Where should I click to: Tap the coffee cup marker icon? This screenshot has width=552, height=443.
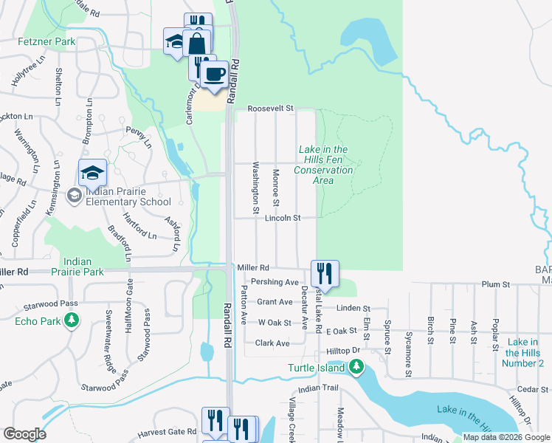[214, 74]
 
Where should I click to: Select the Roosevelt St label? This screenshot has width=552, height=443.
[270, 109]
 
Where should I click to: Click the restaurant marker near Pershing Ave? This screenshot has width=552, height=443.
[324, 274]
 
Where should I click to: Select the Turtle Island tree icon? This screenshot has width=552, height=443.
[356, 367]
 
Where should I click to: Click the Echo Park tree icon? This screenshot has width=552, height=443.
[71, 320]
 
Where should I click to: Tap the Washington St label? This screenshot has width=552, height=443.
[256, 188]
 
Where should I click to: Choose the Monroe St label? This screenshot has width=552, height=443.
[276, 188]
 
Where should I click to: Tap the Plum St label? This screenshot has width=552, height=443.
[496, 284]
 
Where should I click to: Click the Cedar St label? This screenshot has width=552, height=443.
[529, 388]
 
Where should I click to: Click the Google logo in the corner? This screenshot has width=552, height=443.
[25, 434]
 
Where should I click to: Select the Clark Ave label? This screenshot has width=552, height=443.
[272, 343]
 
